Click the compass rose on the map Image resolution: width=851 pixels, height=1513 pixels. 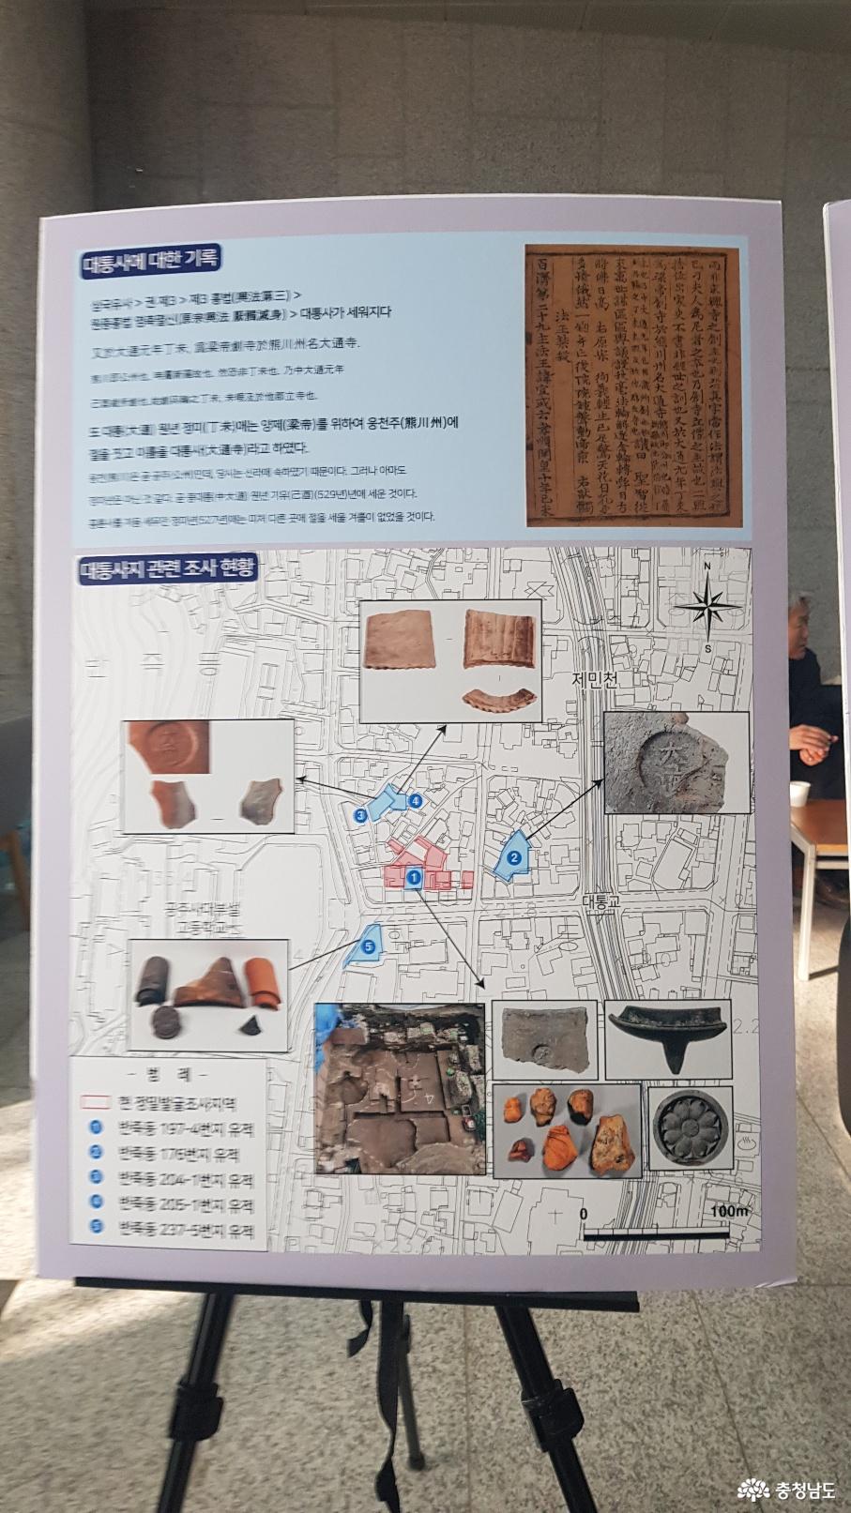coord(710,607)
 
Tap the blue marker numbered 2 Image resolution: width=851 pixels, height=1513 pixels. coord(514,856)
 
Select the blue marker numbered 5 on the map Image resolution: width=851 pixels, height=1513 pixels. coord(368,947)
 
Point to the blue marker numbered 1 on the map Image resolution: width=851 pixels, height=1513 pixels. coord(413,877)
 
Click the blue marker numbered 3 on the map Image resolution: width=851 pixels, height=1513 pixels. coord(360,815)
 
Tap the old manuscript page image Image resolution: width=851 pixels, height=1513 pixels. coord(631,386)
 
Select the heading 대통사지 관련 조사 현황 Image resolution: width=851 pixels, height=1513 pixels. coord(168,568)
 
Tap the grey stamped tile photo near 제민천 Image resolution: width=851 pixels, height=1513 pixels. coord(676,761)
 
